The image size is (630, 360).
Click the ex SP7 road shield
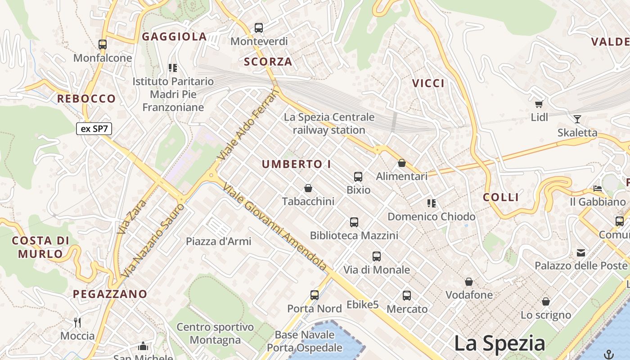pos(94,129)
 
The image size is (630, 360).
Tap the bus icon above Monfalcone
pos(103,44)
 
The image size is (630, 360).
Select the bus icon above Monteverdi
pos(259,27)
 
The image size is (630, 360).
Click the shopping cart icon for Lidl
pos(539,104)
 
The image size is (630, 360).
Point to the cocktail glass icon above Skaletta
pos(577,119)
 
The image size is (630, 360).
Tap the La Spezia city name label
pos(499,343)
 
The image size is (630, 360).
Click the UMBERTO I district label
pos(297,164)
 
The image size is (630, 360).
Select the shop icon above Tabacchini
pos(308,188)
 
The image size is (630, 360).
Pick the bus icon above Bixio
pos(358,176)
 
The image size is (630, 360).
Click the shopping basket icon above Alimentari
pos(402,163)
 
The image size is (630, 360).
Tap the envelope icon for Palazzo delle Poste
pos(581,252)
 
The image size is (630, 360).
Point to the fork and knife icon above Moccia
pos(77,322)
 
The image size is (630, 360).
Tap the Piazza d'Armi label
pos(219,241)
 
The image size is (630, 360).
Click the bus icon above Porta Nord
pos(315,295)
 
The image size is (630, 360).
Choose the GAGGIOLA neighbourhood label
pos(175,37)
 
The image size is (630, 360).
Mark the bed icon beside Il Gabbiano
pos(598,189)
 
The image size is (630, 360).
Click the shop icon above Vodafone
pos(469,282)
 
